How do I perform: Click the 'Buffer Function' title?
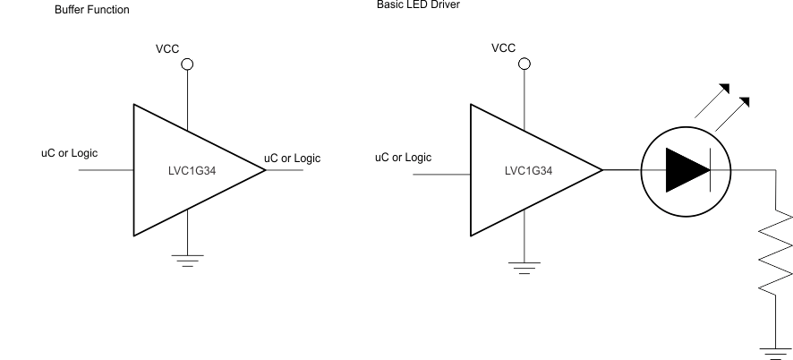[x=91, y=10]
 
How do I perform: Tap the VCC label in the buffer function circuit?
[x=169, y=47]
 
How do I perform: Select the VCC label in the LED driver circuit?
[x=503, y=47]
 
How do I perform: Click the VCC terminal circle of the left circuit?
[x=187, y=64]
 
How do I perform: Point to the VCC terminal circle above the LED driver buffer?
[x=524, y=64]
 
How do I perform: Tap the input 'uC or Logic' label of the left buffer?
[x=69, y=153]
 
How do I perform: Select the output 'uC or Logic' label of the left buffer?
[x=292, y=159]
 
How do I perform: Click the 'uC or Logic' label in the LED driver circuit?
[x=403, y=158]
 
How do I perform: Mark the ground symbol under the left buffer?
[x=187, y=261]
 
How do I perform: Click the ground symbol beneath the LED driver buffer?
[x=524, y=266]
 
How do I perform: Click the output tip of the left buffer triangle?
[x=265, y=170]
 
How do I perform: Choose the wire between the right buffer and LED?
[x=621, y=170]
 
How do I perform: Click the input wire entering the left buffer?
[x=106, y=170]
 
